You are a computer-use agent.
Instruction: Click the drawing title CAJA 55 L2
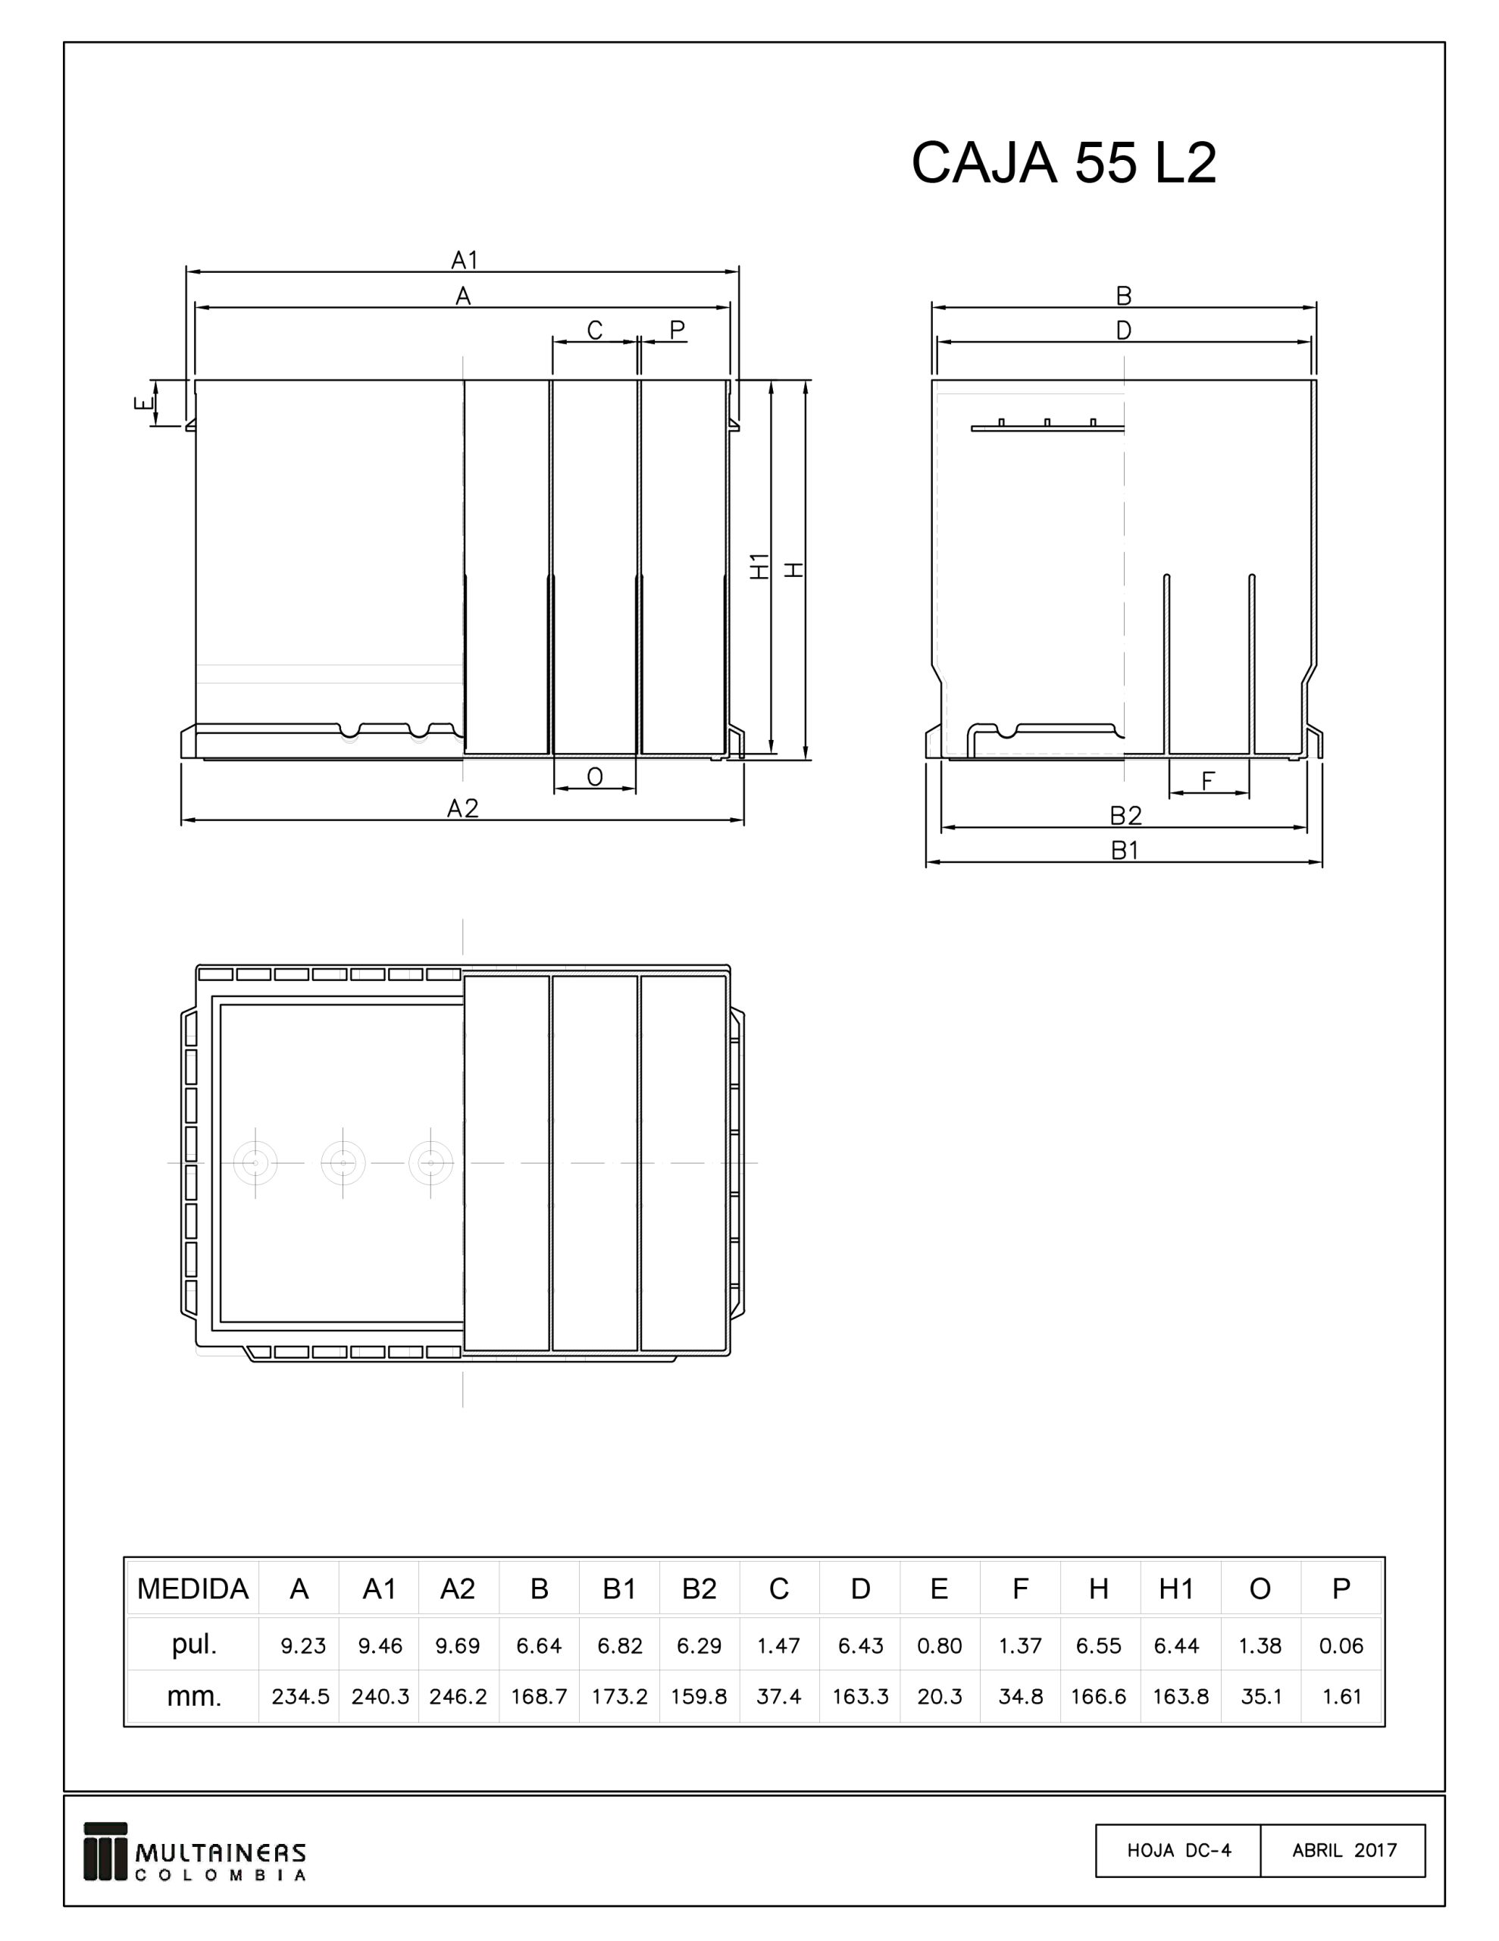[x=1062, y=163]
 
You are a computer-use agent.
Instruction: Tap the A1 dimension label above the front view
[x=464, y=260]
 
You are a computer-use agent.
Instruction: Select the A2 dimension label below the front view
[x=462, y=807]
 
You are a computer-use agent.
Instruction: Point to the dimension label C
[x=594, y=331]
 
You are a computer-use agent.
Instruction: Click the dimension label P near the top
[x=677, y=331]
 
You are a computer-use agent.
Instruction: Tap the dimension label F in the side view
[x=1207, y=781]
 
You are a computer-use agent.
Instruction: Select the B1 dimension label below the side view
[x=1124, y=851]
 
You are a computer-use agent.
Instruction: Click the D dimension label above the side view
[x=1123, y=331]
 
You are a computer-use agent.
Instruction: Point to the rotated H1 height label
[x=759, y=566]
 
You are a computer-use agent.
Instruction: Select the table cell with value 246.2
[x=458, y=1697]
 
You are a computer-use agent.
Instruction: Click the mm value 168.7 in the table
[x=539, y=1697]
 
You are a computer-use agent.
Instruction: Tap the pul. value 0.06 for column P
[x=1340, y=1646]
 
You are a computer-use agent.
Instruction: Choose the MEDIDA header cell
[x=192, y=1589]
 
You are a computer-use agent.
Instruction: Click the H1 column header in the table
[x=1175, y=1589]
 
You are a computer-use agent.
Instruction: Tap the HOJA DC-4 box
[x=1178, y=1850]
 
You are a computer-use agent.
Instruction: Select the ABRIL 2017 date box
[x=1344, y=1850]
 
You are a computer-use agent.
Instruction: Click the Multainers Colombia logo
[x=195, y=1852]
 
